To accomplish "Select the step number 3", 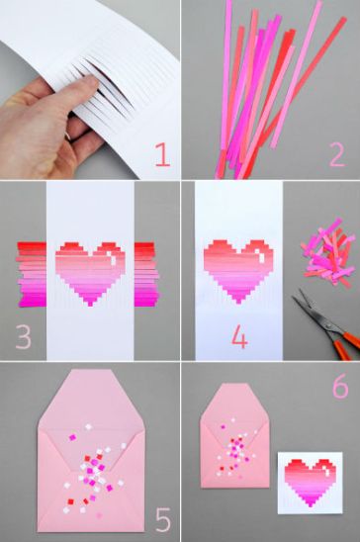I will [24, 336].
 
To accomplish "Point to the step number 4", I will [238, 336].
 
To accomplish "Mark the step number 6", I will [338, 387].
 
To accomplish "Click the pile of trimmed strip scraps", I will [328, 253].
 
